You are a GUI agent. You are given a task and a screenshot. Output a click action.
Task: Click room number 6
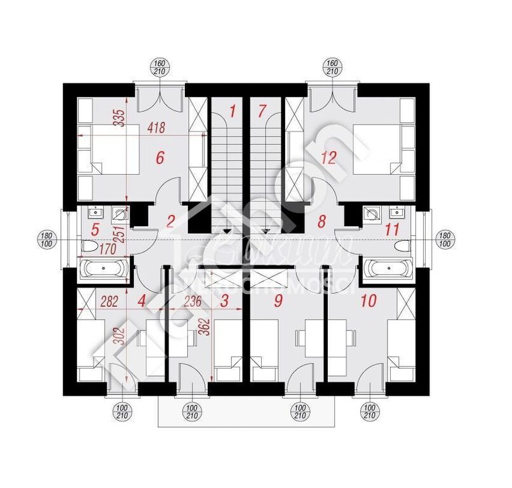pos(159,158)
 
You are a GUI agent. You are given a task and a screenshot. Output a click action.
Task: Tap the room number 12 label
pos(328,158)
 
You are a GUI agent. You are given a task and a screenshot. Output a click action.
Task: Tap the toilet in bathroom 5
pos(88,245)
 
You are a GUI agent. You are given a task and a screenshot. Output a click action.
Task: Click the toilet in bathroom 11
pos(401,245)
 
